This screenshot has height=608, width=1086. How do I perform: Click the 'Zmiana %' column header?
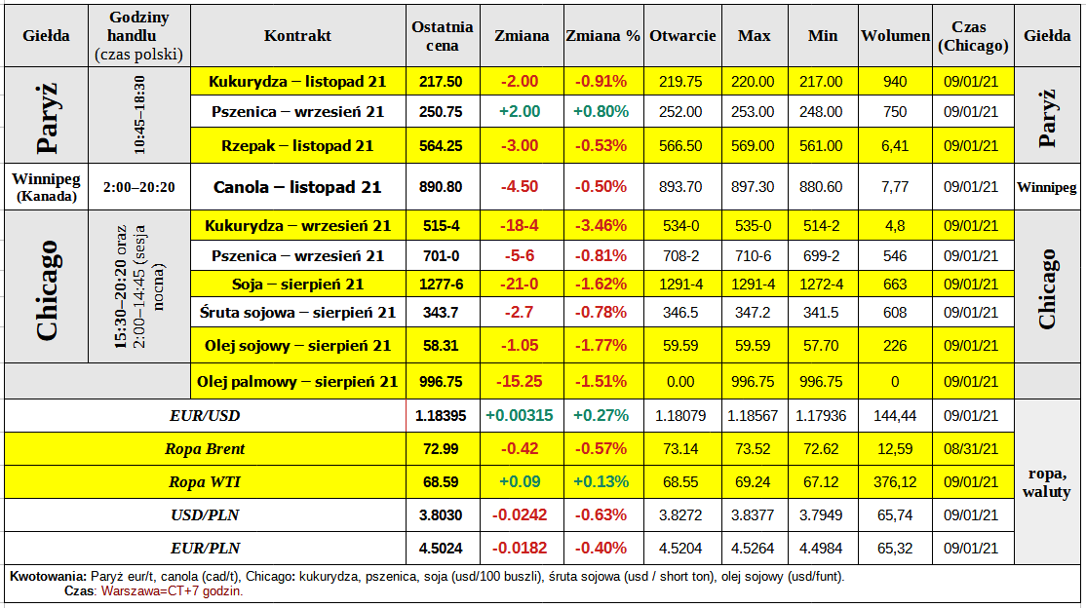click(602, 36)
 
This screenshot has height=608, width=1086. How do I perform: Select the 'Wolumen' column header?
click(895, 36)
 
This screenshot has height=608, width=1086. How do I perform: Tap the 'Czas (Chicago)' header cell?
click(972, 36)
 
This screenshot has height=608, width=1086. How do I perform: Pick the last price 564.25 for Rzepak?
click(441, 146)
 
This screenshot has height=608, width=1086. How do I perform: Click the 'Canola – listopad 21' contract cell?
click(297, 187)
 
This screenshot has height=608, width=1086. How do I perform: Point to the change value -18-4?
click(519, 226)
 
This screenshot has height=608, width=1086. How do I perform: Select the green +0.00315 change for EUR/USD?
click(519, 416)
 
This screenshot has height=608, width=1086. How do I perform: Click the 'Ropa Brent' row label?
click(207, 449)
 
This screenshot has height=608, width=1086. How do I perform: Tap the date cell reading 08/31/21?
click(972, 449)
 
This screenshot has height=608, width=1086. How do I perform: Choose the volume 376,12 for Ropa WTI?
click(895, 482)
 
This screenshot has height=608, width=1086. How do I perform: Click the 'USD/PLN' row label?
click(207, 514)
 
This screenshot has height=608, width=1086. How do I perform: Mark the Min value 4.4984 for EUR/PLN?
click(823, 548)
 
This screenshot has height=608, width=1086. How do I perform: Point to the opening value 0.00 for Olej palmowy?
click(679, 382)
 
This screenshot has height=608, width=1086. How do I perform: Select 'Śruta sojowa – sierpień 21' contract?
click(297, 313)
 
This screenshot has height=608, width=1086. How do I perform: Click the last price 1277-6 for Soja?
click(441, 285)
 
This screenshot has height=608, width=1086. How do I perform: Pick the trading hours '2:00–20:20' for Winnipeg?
click(138, 187)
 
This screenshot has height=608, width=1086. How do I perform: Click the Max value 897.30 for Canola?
click(753, 187)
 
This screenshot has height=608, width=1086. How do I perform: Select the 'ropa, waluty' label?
click(1048, 482)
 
